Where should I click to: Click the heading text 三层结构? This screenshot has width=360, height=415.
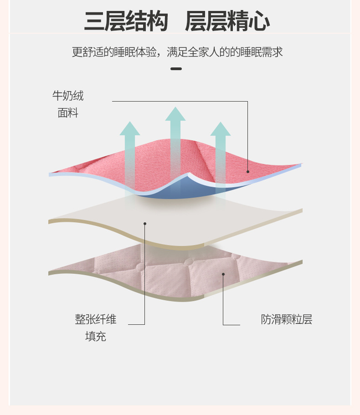click(x=126, y=21)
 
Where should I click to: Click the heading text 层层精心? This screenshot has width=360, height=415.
click(x=227, y=21)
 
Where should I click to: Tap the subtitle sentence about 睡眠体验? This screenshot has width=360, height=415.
click(x=177, y=52)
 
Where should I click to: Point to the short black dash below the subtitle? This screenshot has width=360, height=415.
click(x=176, y=69)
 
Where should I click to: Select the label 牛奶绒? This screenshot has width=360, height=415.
click(x=68, y=96)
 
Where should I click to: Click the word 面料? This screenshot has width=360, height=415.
click(x=68, y=113)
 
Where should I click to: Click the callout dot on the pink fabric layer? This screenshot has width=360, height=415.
click(x=248, y=172)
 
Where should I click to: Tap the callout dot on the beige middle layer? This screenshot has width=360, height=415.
click(x=145, y=223)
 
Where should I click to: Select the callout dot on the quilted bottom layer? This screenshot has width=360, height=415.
click(x=223, y=274)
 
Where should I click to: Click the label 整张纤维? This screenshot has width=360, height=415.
click(x=96, y=319)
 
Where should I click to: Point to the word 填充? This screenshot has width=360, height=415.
click(x=96, y=337)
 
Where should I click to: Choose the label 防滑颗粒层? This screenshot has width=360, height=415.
click(x=287, y=319)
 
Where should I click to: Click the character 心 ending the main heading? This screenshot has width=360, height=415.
click(x=259, y=21)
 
